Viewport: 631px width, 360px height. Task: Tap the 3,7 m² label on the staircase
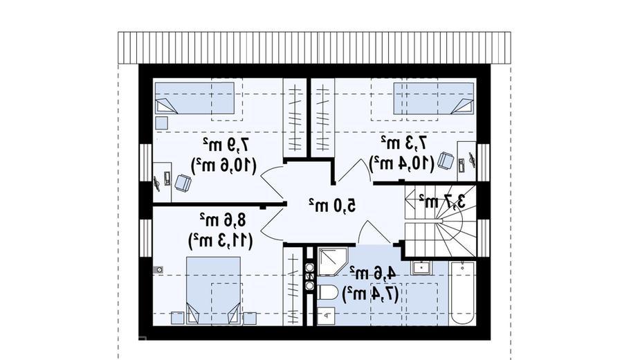[x=442, y=201]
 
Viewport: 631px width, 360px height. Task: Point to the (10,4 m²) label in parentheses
[x=401, y=164]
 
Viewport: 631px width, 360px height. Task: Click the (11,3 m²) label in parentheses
[x=221, y=241]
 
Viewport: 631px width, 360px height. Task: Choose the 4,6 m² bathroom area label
[x=373, y=273]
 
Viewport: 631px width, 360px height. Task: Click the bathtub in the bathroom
[x=462, y=292]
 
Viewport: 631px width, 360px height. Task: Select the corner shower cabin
[x=333, y=261]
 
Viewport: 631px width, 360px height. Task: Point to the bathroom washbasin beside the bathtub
[x=421, y=267]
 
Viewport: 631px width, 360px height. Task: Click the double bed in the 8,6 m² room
[x=213, y=290]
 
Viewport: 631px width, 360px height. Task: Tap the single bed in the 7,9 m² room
[x=194, y=98]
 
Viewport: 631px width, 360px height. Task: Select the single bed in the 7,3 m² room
[x=433, y=99]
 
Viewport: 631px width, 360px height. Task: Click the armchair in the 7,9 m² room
[x=183, y=183]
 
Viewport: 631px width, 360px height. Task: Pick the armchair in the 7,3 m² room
[x=446, y=161]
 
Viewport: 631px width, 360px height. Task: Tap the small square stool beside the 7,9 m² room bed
[x=161, y=123]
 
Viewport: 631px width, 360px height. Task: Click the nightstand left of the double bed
[x=177, y=318]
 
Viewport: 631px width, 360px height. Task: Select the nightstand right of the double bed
[x=250, y=318]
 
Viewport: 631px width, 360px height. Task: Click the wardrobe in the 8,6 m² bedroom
[x=293, y=286]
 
